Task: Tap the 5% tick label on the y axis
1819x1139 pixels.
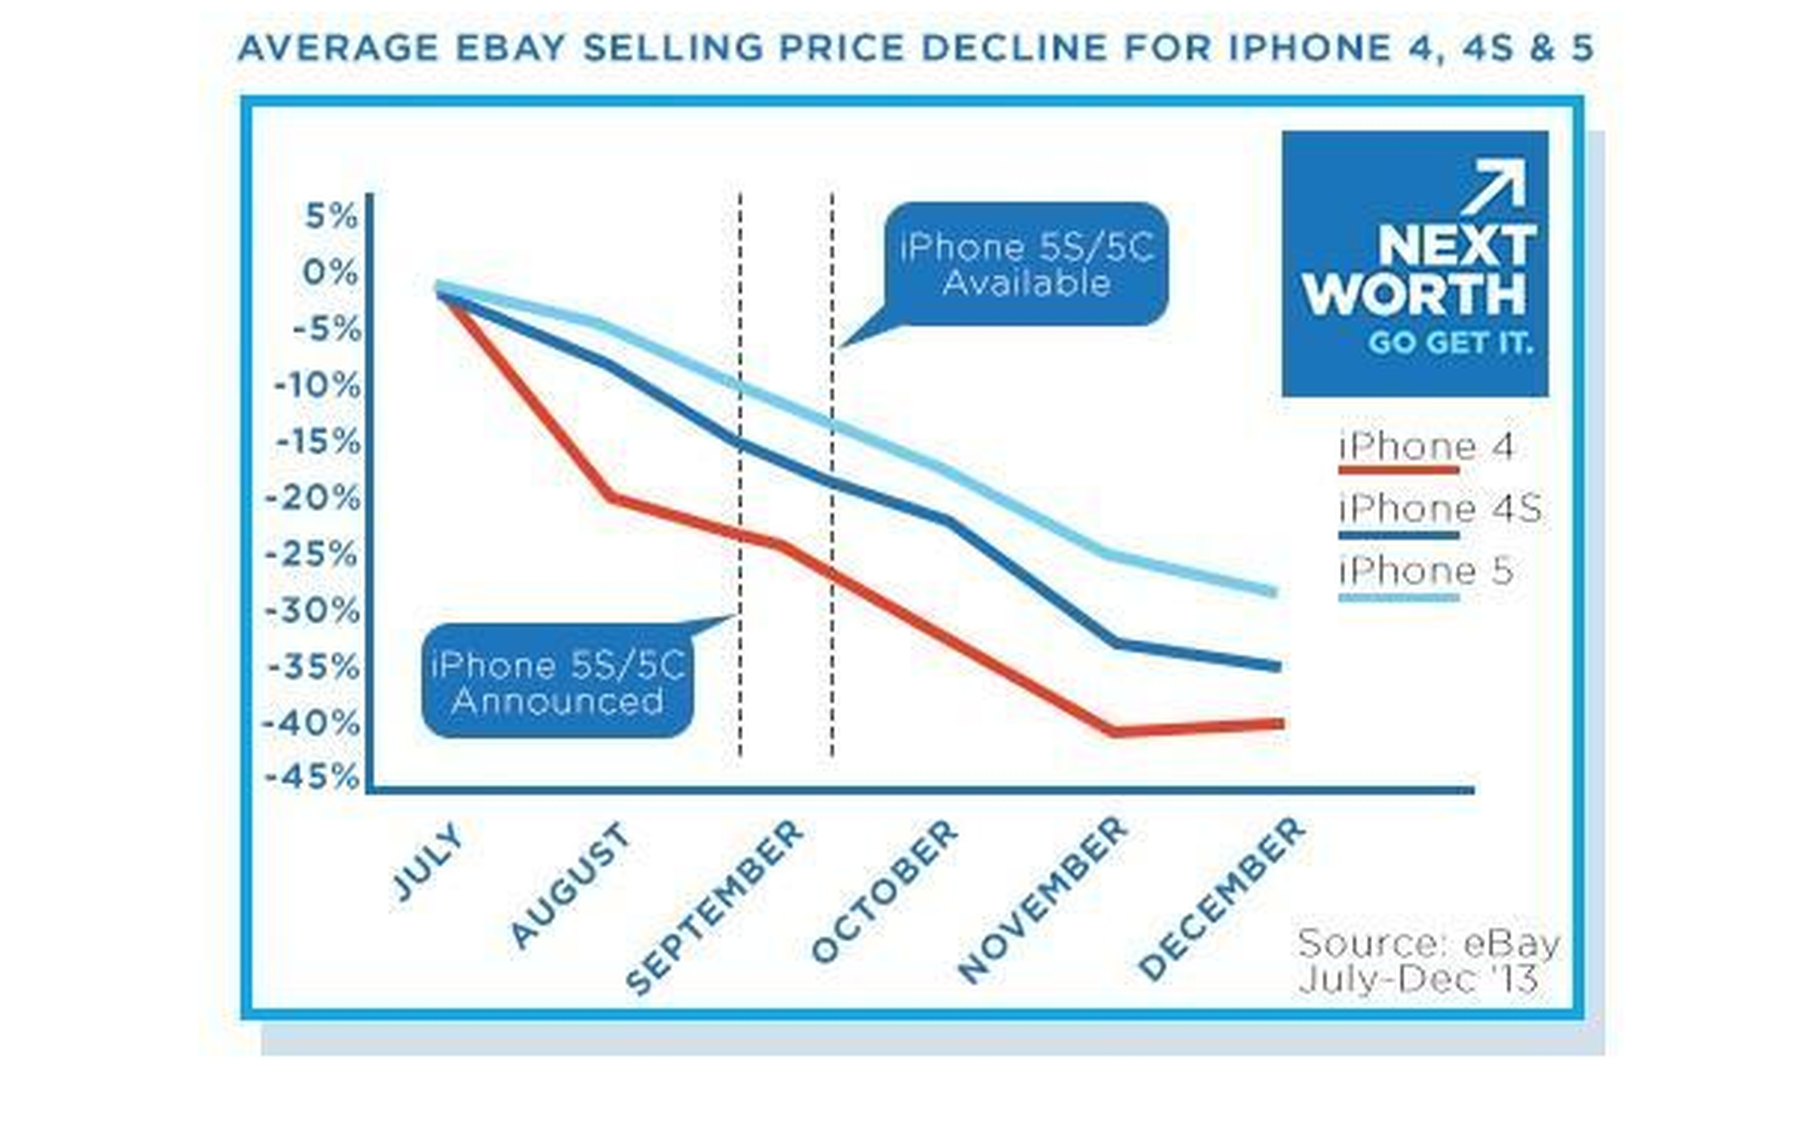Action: pyautogui.click(x=331, y=217)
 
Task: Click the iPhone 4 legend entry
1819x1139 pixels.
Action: pyautogui.click(x=1426, y=448)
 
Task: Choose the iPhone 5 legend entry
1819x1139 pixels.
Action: pyautogui.click(x=1426, y=572)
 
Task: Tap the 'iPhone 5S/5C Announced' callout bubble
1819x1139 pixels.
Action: pyautogui.click(x=558, y=682)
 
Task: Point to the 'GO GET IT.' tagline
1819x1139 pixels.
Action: pyautogui.click(x=1450, y=343)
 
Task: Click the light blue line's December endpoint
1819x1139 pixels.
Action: pyautogui.click(x=1273, y=592)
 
